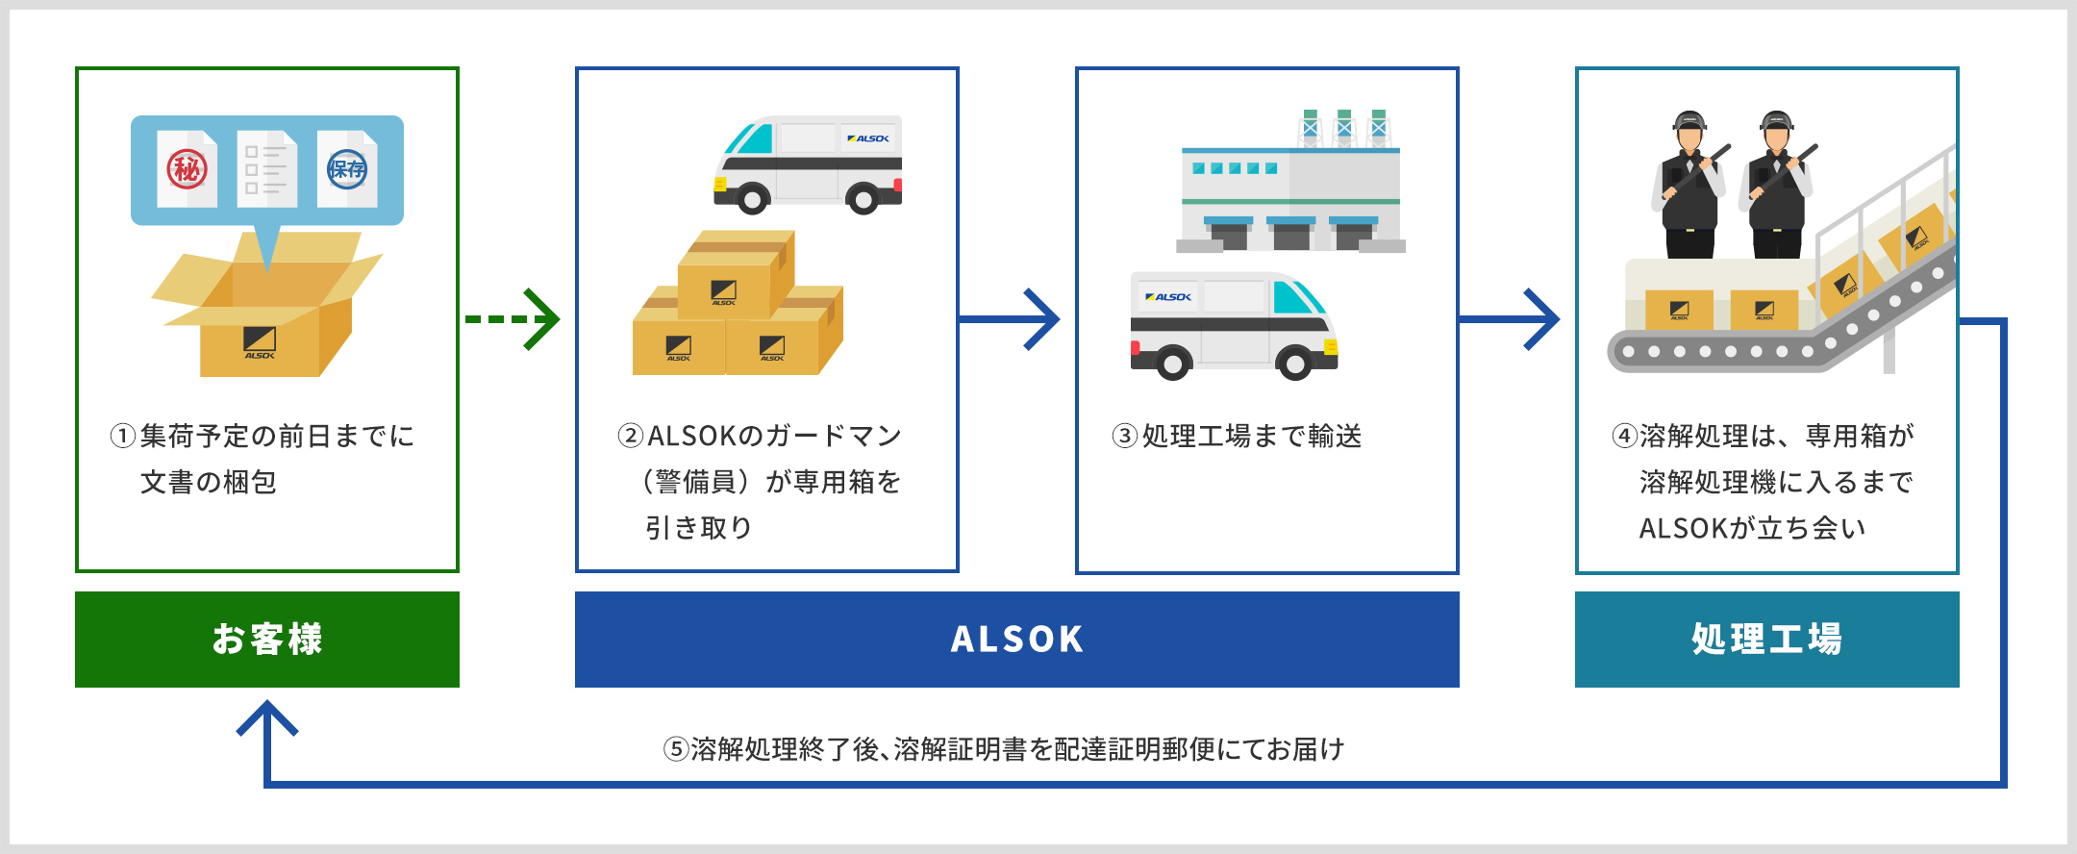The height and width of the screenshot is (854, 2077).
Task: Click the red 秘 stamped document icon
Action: tap(188, 169)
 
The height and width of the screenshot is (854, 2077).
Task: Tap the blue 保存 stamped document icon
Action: tap(347, 169)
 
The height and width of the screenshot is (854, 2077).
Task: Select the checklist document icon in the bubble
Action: tap(266, 169)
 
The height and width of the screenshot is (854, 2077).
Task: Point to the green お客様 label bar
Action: tap(267, 640)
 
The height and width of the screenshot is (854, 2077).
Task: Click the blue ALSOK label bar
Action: tap(1016, 640)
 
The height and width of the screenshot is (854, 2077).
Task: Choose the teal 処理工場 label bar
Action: tap(1766, 640)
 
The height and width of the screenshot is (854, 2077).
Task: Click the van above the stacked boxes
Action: tap(809, 163)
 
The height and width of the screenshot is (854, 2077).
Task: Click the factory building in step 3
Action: tap(1290, 192)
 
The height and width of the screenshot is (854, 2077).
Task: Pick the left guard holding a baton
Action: tap(1689, 188)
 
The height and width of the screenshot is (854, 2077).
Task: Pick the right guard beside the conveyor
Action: tap(1776, 188)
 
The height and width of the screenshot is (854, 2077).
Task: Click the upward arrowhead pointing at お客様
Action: tap(267, 719)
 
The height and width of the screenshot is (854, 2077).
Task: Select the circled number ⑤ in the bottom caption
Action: tap(676, 749)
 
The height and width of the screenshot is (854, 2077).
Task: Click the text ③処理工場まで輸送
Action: tap(1238, 437)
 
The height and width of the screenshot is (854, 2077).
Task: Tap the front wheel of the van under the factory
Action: tap(1294, 364)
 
